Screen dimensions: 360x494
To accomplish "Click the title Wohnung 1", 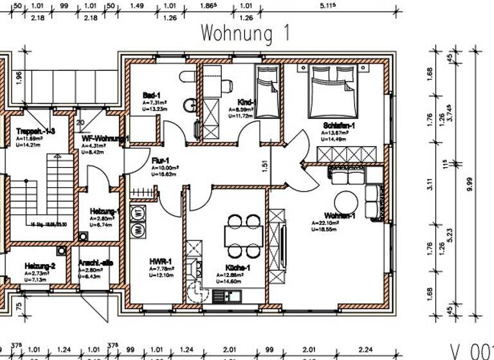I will [246, 32].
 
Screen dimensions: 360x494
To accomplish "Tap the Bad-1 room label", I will [152, 95].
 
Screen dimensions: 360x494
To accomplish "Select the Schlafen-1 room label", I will [340, 125].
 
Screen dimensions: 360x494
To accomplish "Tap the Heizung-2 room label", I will [40, 265].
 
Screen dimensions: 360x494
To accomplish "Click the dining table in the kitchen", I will [244, 234].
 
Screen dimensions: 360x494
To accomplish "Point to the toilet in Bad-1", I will [185, 78].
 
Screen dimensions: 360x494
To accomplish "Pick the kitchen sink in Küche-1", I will [226, 296].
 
